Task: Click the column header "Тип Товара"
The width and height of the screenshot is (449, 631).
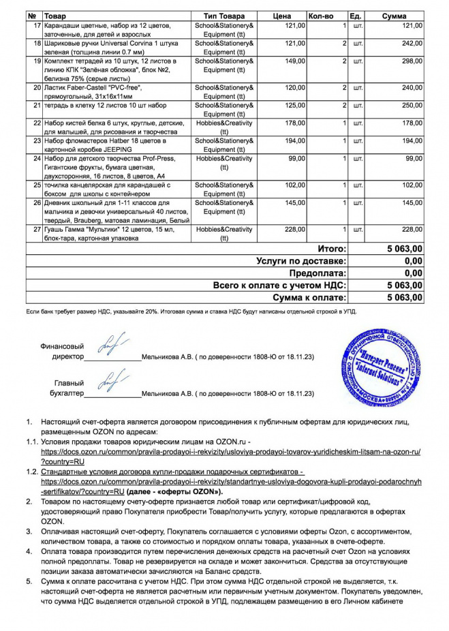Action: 224,16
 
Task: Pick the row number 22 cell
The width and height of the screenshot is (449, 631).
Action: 38,123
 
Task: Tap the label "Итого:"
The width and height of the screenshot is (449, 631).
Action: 332,249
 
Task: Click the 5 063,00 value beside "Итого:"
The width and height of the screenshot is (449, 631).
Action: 404,249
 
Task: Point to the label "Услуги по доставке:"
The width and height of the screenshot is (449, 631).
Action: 301,261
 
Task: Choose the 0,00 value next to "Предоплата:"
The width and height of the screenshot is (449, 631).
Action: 413,273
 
